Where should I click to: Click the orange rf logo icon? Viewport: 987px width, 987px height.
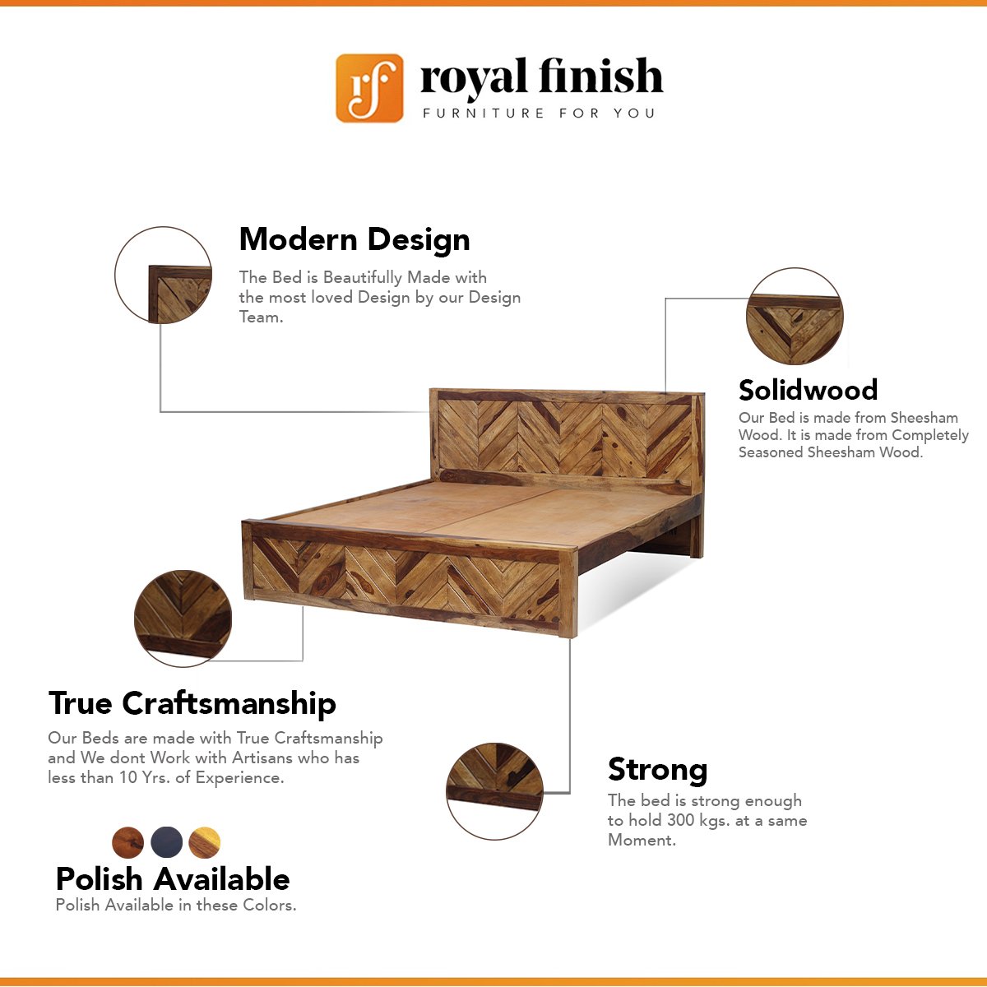369,88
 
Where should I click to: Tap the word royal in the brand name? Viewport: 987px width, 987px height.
473,78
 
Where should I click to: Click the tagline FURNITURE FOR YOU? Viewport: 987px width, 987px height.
539,114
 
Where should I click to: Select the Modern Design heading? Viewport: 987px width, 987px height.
354,239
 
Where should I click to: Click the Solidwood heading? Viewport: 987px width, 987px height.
808,390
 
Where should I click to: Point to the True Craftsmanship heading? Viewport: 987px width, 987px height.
192,703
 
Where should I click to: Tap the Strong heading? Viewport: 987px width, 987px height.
658,771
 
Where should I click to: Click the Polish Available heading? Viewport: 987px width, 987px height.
173,879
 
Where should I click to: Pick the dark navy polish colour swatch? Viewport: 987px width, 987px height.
166,842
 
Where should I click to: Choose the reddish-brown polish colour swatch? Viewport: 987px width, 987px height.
127,842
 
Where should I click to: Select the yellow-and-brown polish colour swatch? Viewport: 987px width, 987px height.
204,842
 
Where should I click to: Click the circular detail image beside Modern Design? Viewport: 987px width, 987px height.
163,275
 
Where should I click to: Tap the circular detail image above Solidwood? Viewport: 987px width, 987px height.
795,316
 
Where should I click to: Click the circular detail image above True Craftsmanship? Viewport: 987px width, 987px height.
183,619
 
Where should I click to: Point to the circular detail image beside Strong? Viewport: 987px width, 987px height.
494,791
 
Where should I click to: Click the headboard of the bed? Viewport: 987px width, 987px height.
566,438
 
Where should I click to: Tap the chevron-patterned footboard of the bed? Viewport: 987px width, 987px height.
410,579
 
